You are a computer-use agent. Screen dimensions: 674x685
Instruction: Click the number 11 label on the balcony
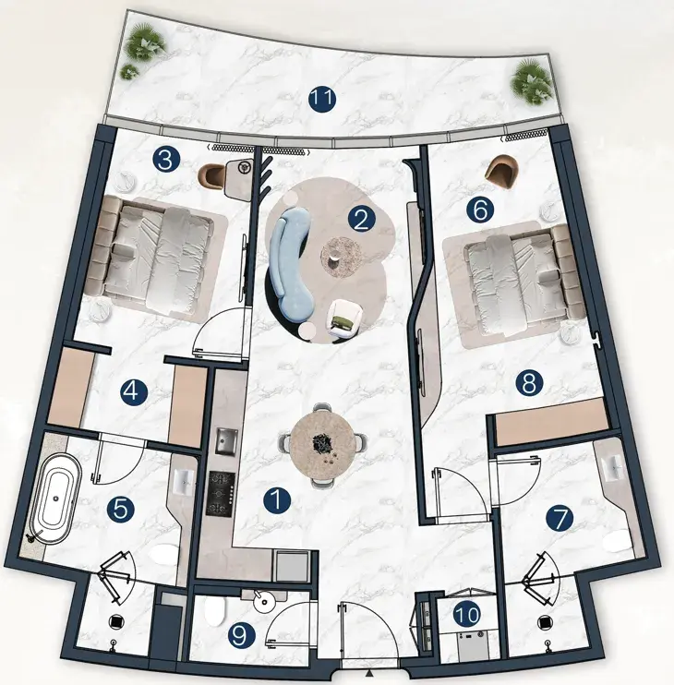pos(322,99)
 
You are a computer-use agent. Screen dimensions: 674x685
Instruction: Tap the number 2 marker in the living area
pos(362,220)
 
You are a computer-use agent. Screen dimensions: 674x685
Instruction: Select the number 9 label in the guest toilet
pos(242,635)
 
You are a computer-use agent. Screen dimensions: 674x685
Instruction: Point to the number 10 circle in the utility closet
pos(467,615)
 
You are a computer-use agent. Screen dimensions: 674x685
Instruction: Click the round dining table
pos(324,445)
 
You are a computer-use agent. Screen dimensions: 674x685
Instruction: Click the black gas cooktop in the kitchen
pos(221,494)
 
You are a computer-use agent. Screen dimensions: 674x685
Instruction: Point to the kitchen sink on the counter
pos(227,441)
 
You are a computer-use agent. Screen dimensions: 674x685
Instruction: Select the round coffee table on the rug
pos(341,257)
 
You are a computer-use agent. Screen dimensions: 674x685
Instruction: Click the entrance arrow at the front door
pos(370,672)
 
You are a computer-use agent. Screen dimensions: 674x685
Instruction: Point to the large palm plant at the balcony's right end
pos(530,82)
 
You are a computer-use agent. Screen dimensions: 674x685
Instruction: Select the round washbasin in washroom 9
pos(263,602)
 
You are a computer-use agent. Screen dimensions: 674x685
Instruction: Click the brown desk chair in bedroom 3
pos(211,174)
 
